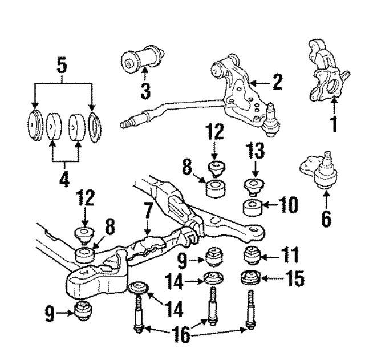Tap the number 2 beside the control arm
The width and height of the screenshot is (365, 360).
pos(277,83)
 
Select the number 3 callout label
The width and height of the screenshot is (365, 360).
pos(145,90)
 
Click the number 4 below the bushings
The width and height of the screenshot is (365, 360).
pos(64,179)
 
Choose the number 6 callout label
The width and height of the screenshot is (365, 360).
pos(326,218)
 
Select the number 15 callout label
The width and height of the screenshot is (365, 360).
pos(296,279)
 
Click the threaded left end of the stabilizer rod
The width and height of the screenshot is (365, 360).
pos(130,122)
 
